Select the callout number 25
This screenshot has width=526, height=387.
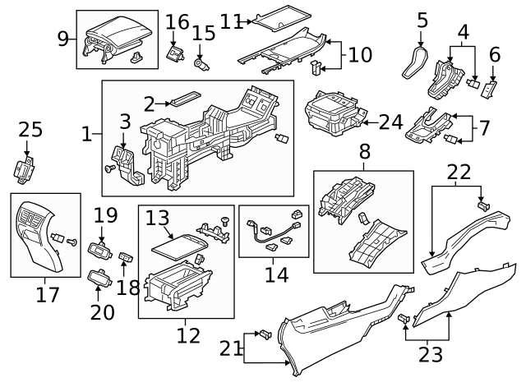point(30,130)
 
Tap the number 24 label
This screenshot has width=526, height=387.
point(391,122)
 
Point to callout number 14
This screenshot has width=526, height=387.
point(276,274)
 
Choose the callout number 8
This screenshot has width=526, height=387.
point(363,152)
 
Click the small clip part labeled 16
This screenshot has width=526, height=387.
point(174,53)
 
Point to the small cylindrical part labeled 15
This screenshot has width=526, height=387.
point(201,62)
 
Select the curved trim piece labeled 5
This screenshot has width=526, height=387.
point(413,62)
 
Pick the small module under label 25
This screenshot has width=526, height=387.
point(25,169)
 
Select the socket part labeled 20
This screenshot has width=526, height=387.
point(100,280)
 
